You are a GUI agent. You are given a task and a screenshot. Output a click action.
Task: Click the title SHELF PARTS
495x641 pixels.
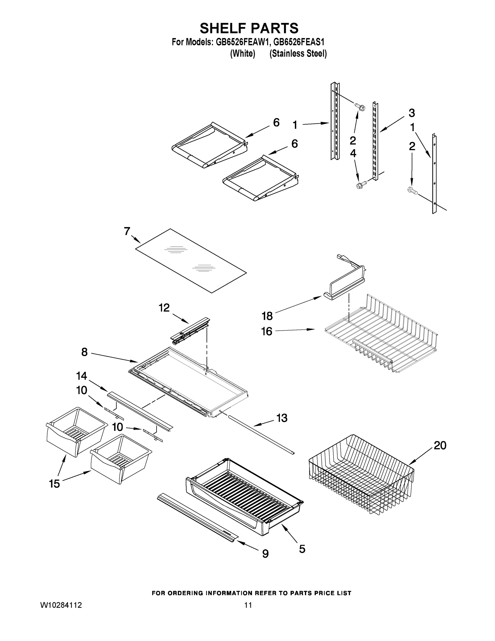coord(249,29)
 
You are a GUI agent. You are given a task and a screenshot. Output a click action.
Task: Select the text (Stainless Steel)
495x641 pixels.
coord(298,54)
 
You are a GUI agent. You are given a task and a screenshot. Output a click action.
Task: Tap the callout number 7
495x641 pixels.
coord(127,231)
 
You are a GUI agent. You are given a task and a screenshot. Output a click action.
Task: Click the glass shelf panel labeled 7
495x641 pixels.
coord(191,261)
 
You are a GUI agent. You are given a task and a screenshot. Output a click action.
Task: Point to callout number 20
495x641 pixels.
coord(440,445)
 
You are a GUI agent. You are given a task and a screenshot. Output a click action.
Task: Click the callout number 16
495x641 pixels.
coord(267,331)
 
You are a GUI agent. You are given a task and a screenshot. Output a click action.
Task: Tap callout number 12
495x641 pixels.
coord(164,308)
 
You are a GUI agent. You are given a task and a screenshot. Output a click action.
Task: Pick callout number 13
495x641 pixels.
coord(282,418)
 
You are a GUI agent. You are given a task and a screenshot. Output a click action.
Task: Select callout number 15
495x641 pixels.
coord(54,483)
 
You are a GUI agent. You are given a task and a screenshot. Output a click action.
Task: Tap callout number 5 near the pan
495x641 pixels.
coord(302,549)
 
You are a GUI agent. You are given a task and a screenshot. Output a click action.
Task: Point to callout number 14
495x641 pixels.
coord(82,376)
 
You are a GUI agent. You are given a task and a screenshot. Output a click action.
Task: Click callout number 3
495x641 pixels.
coord(411,113)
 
